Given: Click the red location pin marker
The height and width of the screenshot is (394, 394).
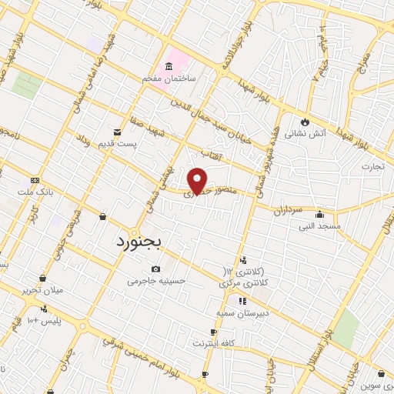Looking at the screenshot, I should pos(198,182).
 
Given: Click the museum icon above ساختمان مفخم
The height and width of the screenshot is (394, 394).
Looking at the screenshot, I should pos(168,67).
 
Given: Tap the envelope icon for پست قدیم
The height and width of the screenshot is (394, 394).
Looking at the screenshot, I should pos(117,132).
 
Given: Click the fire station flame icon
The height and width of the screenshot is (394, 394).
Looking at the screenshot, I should pos(306,121).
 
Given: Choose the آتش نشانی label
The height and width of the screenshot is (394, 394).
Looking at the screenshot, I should pos(306,133).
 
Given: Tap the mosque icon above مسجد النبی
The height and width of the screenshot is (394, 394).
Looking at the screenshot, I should pos(319,215).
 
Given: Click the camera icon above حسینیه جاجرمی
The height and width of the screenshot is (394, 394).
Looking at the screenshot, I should pos(156,269).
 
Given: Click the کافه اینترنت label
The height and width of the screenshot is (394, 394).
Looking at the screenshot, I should pos(213,342).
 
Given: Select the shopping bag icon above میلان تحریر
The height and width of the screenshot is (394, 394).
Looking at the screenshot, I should pos(42,279).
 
